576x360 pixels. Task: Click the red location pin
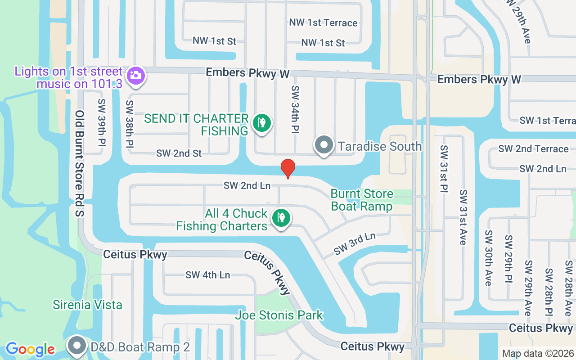[288, 168]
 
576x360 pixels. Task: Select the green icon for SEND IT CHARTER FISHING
[261, 123]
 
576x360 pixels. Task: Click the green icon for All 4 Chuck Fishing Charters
[281, 218]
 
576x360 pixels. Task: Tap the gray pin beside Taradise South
[324, 146]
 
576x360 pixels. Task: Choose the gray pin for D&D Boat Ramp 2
[77, 346]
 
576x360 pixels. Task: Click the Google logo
[30, 349]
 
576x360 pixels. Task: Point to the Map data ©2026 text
[538, 353]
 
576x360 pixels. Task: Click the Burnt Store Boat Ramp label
[362, 200]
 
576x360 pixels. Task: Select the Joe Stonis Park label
[279, 315]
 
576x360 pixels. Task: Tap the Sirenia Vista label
[87, 305]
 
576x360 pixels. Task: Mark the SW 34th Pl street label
[295, 109]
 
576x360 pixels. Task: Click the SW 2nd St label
[179, 153]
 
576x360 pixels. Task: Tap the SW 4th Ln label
[207, 275]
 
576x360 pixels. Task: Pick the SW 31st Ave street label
[463, 217]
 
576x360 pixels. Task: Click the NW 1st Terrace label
[324, 23]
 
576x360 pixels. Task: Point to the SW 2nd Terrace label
[533, 149]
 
